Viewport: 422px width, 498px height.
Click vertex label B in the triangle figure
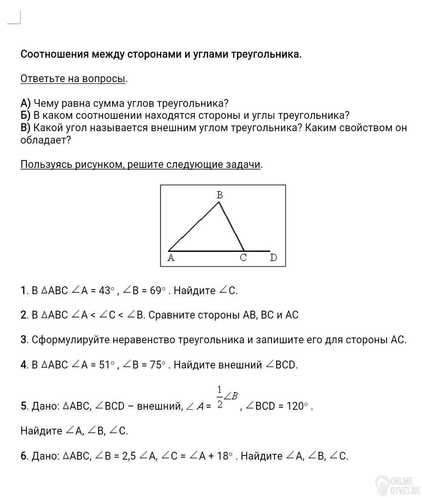(x=220, y=195)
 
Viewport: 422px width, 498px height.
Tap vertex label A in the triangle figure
(x=171, y=258)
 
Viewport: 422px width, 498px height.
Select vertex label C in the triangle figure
(x=243, y=258)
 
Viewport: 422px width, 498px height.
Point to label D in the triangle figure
(x=273, y=258)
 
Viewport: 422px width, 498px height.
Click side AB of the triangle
(x=194, y=226)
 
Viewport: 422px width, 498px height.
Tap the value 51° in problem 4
(x=107, y=365)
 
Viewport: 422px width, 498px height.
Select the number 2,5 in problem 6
(x=129, y=456)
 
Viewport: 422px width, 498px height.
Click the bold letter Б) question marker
(x=26, y=115)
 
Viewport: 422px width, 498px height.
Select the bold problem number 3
(x=23, y=340)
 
